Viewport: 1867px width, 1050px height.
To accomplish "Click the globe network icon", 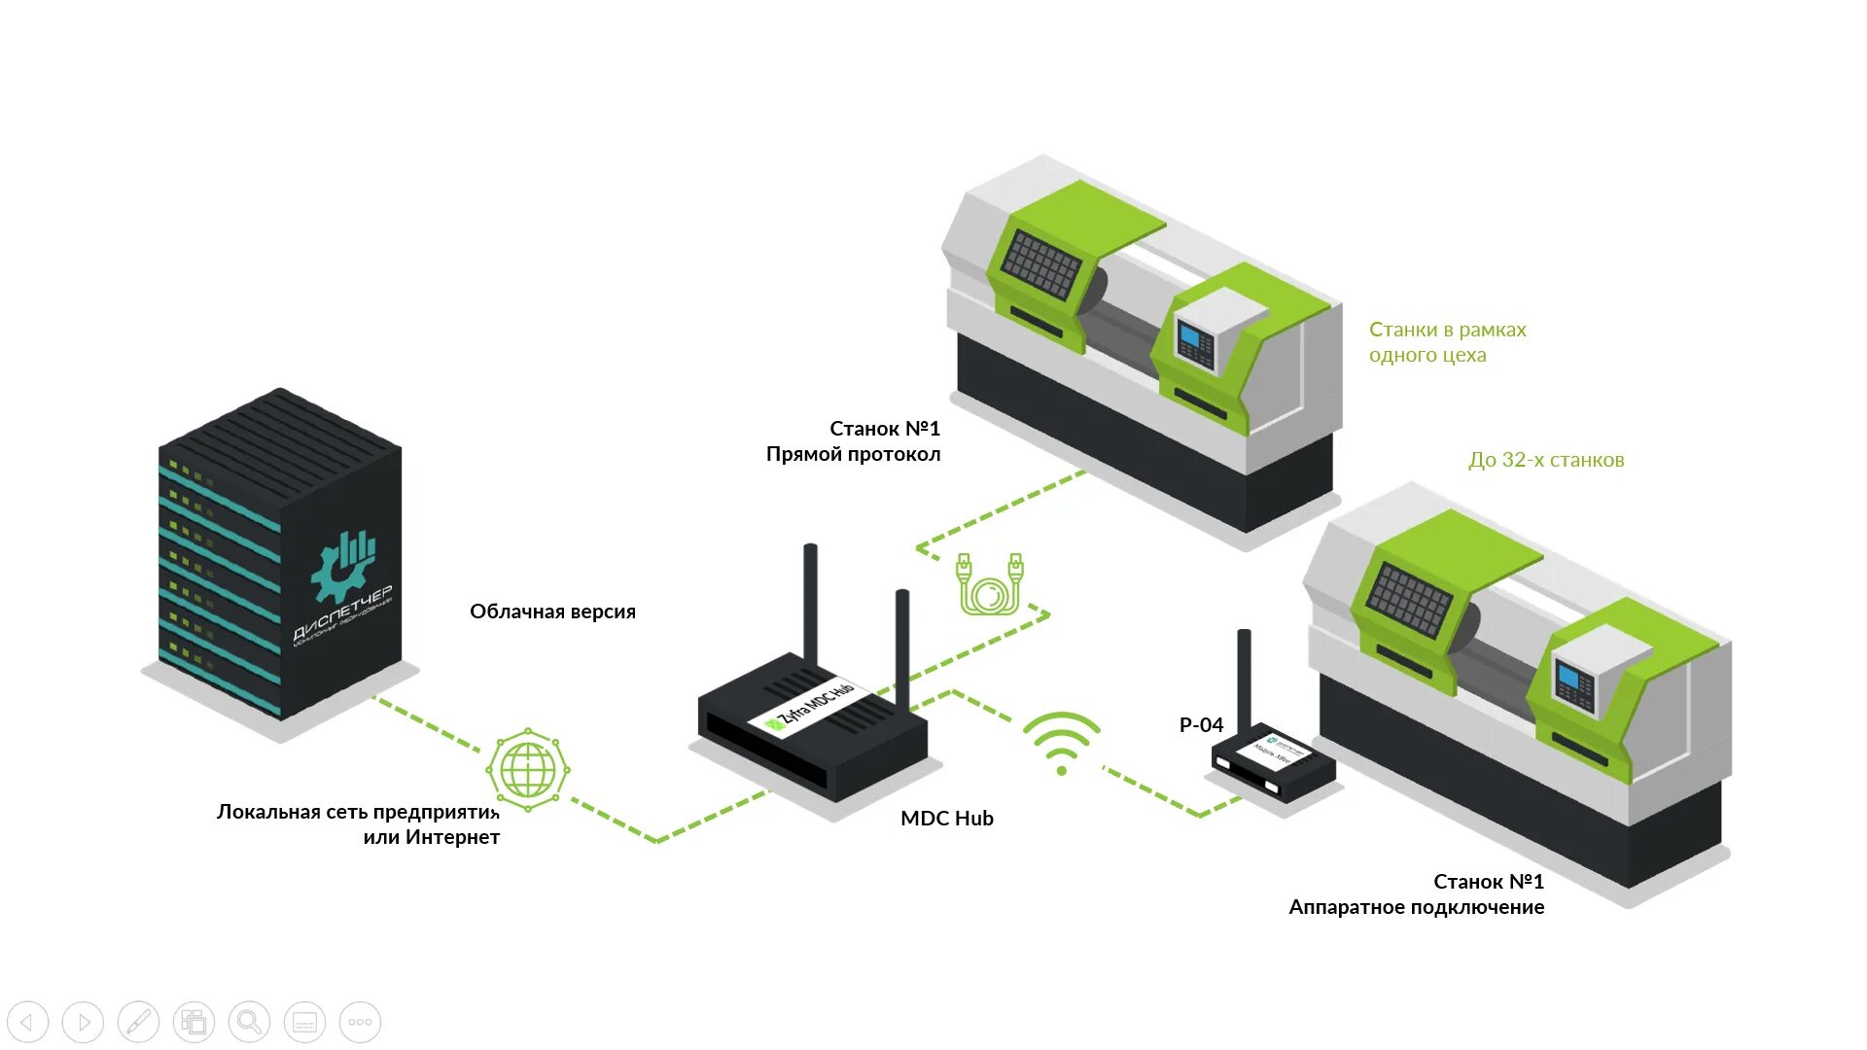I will [528, 770].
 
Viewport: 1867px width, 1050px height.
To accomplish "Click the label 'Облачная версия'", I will [552, 612].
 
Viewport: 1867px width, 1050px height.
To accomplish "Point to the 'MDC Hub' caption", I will [946, 819].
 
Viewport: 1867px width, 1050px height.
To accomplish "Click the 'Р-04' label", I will [1201, 725].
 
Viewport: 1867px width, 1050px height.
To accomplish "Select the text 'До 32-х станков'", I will [1546, 460].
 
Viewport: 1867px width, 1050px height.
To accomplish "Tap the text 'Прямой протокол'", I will [853, 454].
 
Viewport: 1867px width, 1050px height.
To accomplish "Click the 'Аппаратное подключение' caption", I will [1416, 907].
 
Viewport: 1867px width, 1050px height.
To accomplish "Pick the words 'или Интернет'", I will [431, 837].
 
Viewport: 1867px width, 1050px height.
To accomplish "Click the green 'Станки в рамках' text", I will [1447, 330].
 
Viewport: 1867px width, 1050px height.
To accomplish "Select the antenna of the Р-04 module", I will [1244, 676].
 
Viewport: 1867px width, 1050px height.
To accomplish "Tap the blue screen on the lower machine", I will [1568, 676].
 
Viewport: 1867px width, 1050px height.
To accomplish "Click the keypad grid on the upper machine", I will [1041, 262].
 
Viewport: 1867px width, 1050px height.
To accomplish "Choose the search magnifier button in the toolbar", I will [249, 1022].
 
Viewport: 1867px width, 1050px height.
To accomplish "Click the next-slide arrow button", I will [83, 1022].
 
